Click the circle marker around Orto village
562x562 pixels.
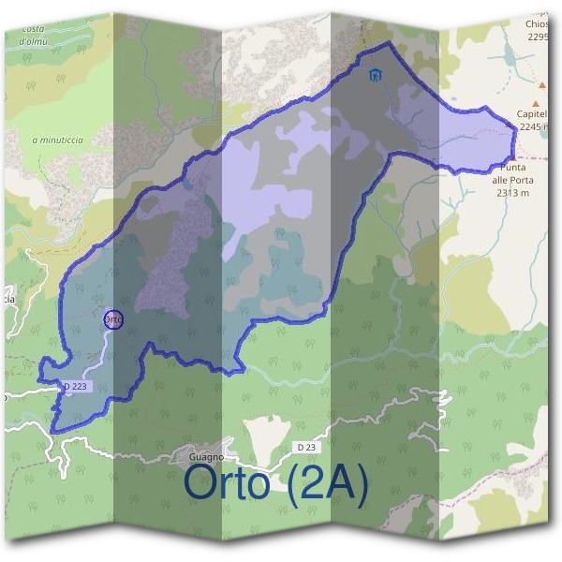[x=113, y=319]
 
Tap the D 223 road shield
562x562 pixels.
[x=79, y=386]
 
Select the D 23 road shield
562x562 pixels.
[x=304, y=447]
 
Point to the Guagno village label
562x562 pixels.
[x=194, y=456]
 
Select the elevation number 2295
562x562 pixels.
[x=538, y=37]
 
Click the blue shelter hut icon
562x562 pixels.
[x=376, y=76]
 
